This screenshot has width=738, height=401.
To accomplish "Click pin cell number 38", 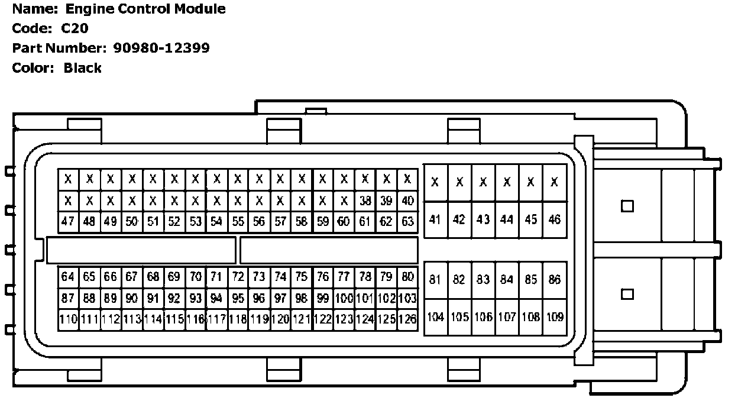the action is (x=365, y=201).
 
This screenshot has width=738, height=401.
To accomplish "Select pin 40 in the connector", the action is (x=407, y=201).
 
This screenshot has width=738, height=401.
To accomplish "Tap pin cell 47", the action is (x=68, y=222).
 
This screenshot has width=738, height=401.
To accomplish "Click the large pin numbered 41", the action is (x=435, y=219).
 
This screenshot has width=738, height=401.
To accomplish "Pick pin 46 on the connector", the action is (x=555, y=219).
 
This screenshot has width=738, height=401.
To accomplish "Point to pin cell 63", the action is (x=407, y=222).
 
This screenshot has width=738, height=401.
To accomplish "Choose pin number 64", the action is (x=68, y=277).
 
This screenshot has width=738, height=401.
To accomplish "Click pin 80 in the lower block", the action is (x=407, y=277).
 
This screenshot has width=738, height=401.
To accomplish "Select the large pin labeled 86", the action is (x=555, y=280).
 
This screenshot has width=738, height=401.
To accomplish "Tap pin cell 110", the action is (x=69, y=320).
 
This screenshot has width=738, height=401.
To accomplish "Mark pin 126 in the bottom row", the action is (x=407, y=320).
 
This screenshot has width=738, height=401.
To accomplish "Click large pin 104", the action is (x=435, y=317).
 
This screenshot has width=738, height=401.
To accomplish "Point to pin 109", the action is (x=555, y=317).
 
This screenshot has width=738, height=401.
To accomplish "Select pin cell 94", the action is (x=216, y=298).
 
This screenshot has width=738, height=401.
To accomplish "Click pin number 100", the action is (x=344, y=298).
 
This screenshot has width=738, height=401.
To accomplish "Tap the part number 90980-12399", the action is (x=161, y=48).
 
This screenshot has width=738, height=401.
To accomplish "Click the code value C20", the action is (x=75, y=28).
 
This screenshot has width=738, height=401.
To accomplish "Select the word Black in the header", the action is (x=83, y=68).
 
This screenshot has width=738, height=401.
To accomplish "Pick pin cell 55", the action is (x=238, y=222).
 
